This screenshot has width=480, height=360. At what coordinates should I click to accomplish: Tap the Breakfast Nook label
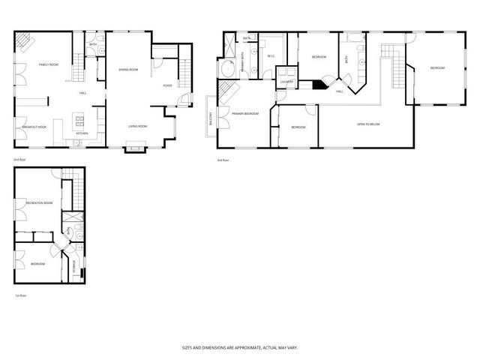pos(34,127)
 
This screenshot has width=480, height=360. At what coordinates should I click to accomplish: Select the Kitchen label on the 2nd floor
pos(81,134)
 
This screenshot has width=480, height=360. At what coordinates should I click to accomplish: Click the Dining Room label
pos(128,70)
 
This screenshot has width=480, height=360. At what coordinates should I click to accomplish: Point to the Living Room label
pos(136,126)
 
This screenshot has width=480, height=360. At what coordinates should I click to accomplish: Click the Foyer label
pos(169,85)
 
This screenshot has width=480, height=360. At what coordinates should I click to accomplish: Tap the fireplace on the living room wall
pos(136,148)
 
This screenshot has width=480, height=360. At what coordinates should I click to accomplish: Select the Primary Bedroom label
pos(244,113)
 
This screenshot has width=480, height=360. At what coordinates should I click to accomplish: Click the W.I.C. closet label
pos(271,55)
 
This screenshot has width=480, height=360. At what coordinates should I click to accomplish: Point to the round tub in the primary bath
pos(229,70)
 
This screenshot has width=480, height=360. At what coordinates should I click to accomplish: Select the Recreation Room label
pos(38,203)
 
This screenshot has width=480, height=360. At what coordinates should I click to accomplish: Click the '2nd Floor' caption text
pos(19,160)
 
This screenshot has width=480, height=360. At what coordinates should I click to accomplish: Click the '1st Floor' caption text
pos(21,296)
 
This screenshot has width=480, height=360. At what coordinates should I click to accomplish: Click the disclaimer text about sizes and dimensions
pos(239,347)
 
